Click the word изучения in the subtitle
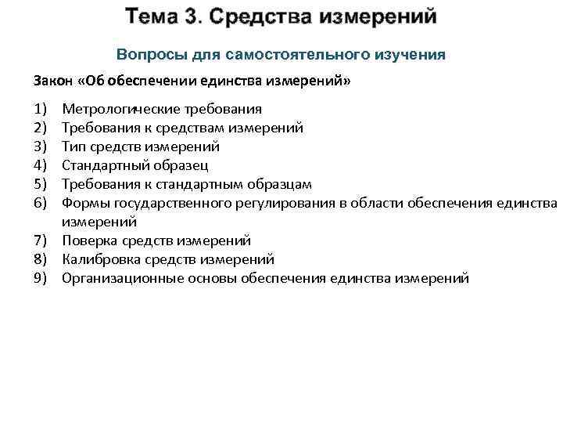click(x=412, y=55)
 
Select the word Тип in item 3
click(x=74, y=146)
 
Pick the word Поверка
click(x=90, y=240)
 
